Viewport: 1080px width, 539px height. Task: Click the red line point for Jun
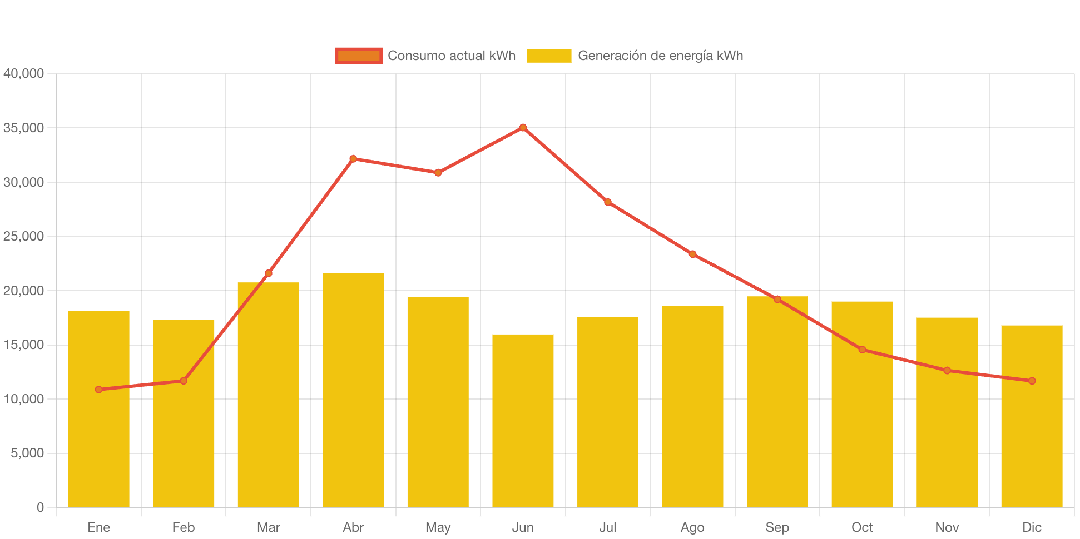(x=523, y=128)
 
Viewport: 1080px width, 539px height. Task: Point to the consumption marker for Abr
(x=353, y=159)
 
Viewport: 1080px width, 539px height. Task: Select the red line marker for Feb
(x=184, y=381)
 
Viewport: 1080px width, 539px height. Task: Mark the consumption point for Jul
(x=608, y=202)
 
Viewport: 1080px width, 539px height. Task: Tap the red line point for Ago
(x=692, y=254)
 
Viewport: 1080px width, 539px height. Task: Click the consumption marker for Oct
(x=862, y=350)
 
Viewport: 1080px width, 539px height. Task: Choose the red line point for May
(x=438, y=173)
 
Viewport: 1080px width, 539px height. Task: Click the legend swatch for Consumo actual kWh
(x=359, y=56)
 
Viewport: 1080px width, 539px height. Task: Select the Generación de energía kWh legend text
(x=660, y=56)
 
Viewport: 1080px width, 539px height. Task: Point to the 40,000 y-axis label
(x=23, y=73)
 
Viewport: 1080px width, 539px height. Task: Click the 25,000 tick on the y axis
(x=23, y=237)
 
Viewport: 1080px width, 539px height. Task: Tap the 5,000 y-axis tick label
(x=27, y=453)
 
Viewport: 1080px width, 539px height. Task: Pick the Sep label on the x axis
(x=777, y=527)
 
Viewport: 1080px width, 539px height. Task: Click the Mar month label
(x=269, y=527)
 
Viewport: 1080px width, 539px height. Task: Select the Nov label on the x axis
(x=947, y=527)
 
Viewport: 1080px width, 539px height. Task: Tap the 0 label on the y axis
(x=40, y=507)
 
